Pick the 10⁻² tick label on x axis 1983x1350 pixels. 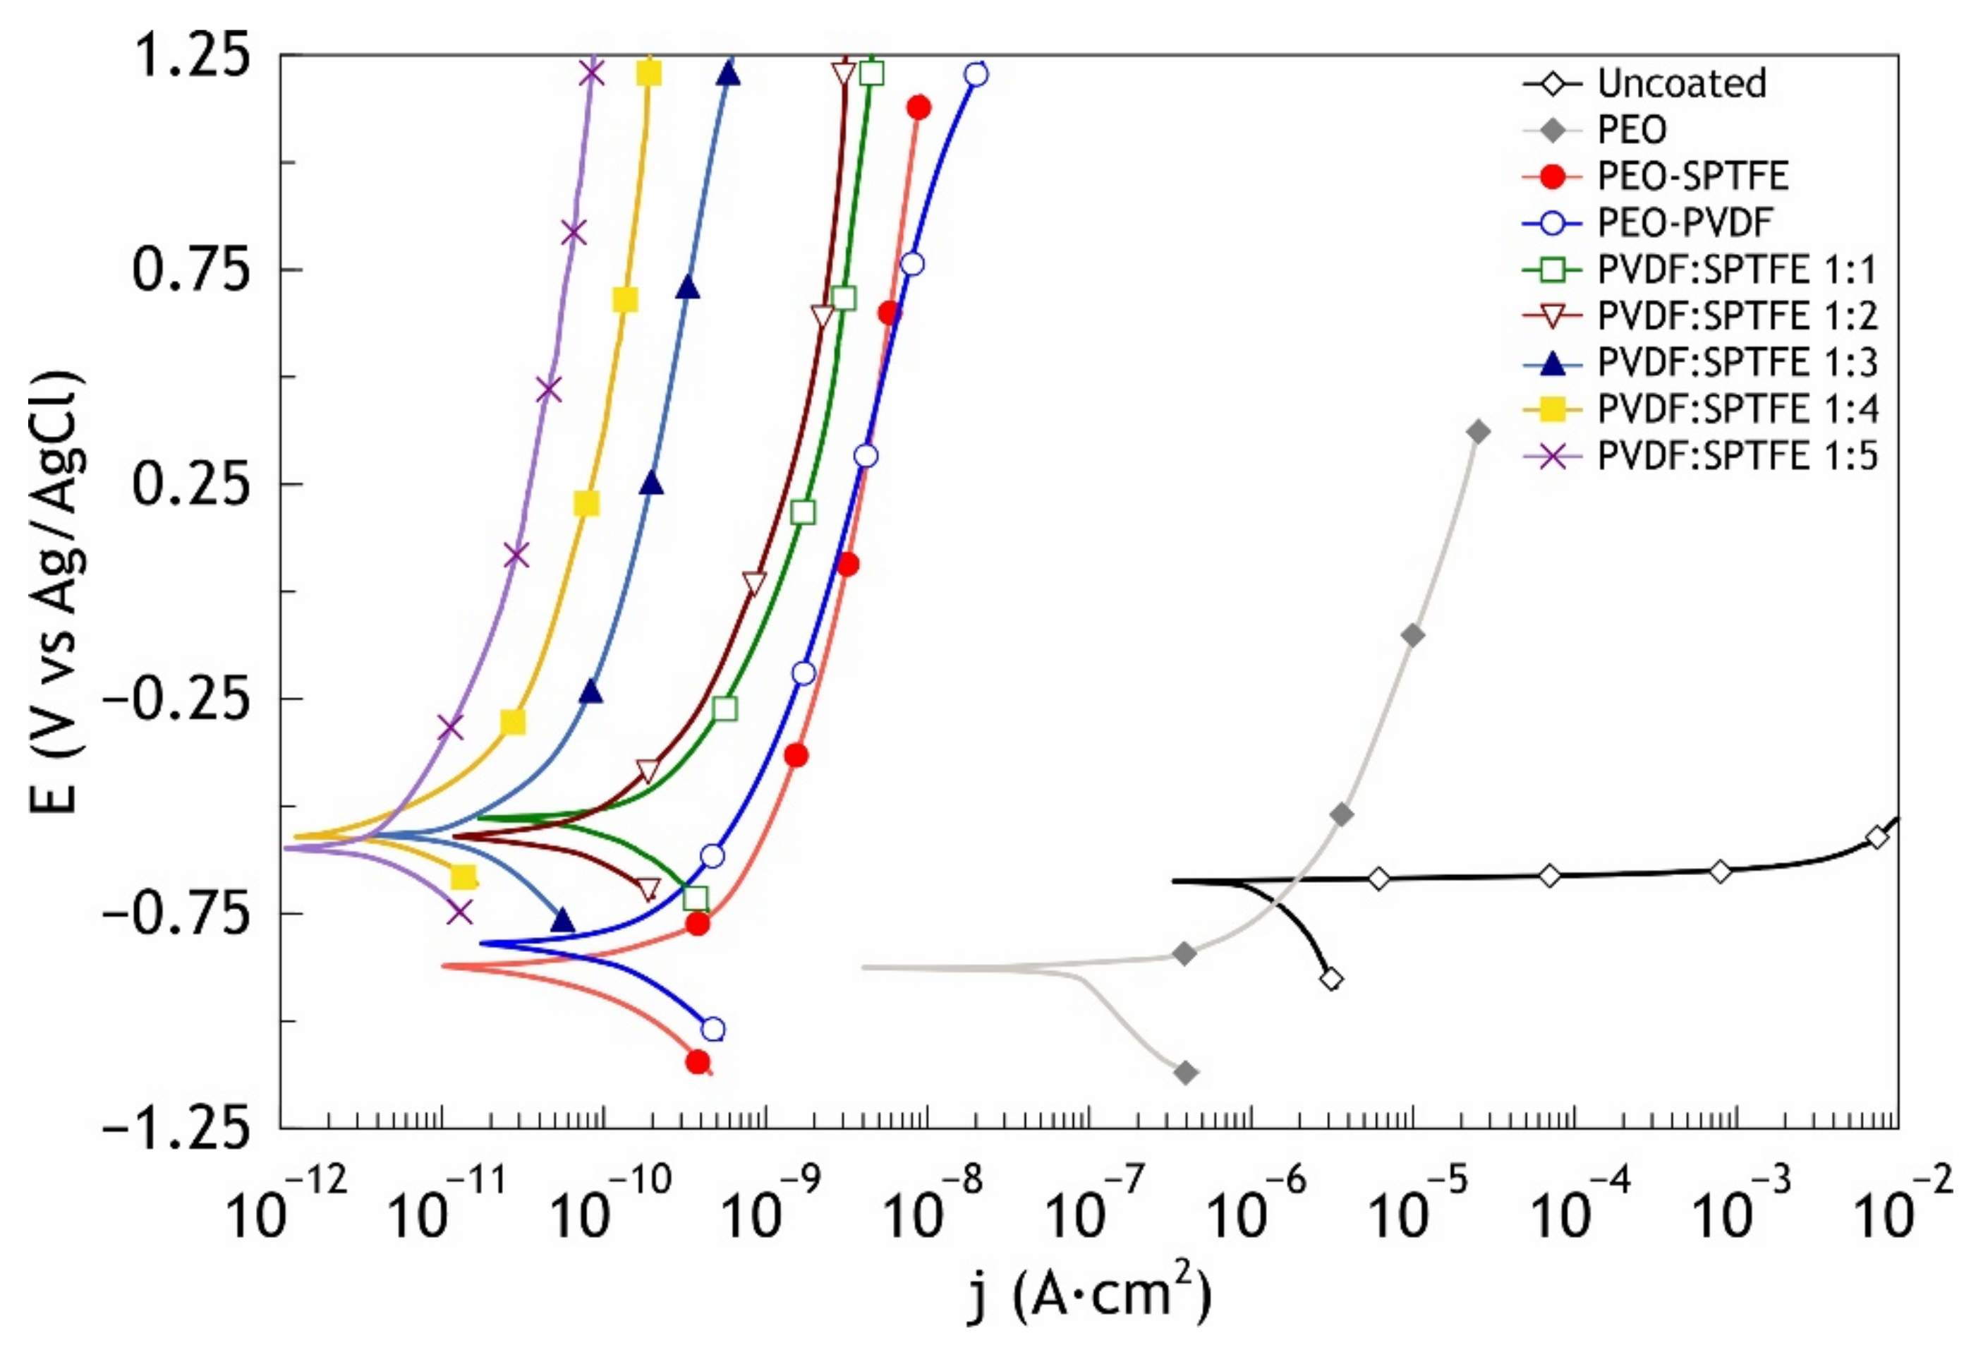pyautogui.click(x=1910, y=1207)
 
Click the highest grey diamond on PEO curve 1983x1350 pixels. pyautogui.click(x=1479, y=432)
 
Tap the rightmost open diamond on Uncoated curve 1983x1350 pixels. pyautogui.click(x=1876, y=837)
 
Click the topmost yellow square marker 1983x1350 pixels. pyautogui.click(x=649, y=74)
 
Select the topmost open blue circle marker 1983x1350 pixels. pyautogui.click(x=977, y=75)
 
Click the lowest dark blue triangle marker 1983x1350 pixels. pyautogui.click(x=563, y=921)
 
